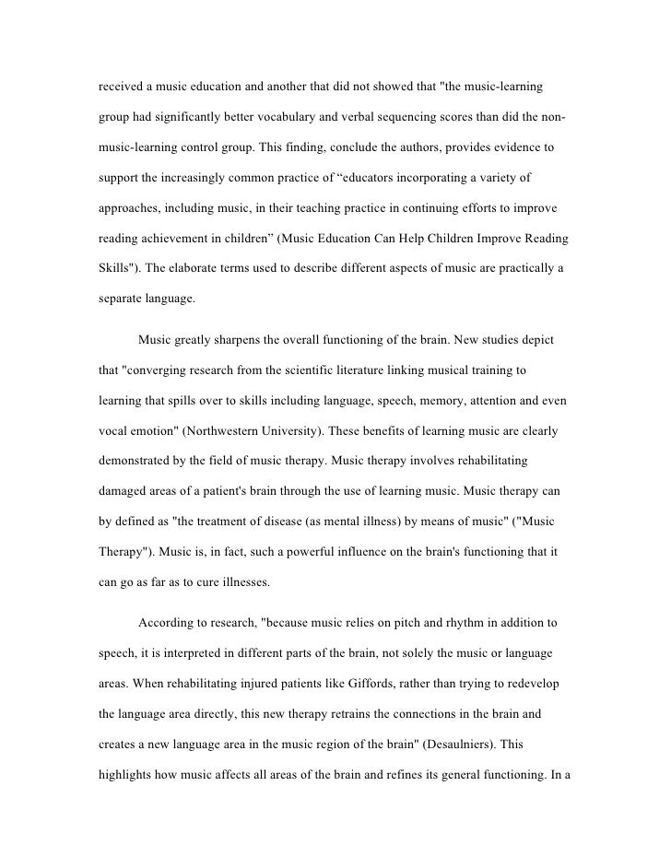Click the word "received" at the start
(121, 88)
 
